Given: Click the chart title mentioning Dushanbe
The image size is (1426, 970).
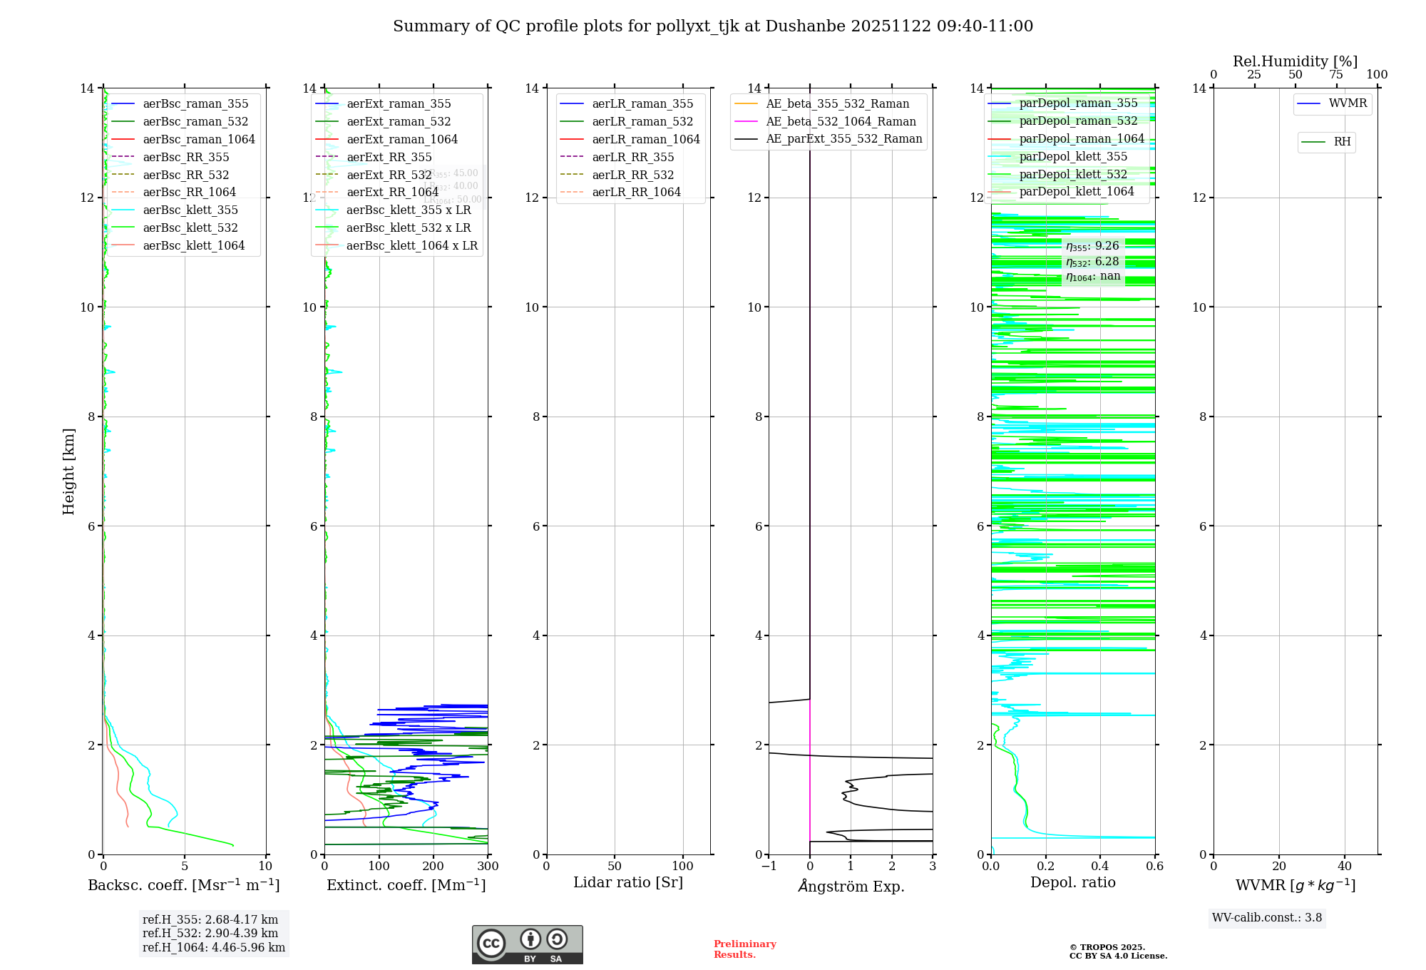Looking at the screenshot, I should tap(713, 26).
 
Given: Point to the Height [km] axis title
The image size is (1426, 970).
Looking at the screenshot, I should tap(68, 471).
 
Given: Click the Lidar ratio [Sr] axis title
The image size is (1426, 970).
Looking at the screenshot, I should tap(628, 882).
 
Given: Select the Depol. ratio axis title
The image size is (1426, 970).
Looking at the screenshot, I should tap(1072, 882).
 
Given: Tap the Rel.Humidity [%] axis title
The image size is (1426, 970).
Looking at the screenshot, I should tap(1295, 61).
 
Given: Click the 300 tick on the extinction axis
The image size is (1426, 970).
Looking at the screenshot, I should tap(488, 867).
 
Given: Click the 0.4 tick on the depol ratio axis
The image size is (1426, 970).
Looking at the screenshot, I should tap(1100, 867).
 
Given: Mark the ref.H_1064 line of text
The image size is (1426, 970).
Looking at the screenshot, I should tap(213, 948).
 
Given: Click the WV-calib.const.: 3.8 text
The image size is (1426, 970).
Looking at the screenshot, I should tap(1266, 918).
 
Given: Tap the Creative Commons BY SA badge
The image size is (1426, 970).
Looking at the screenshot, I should tap(527, 945).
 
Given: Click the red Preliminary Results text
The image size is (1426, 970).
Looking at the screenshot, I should tap(744, 949).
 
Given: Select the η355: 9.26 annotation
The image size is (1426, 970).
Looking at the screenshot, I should tap(1092, 246).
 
